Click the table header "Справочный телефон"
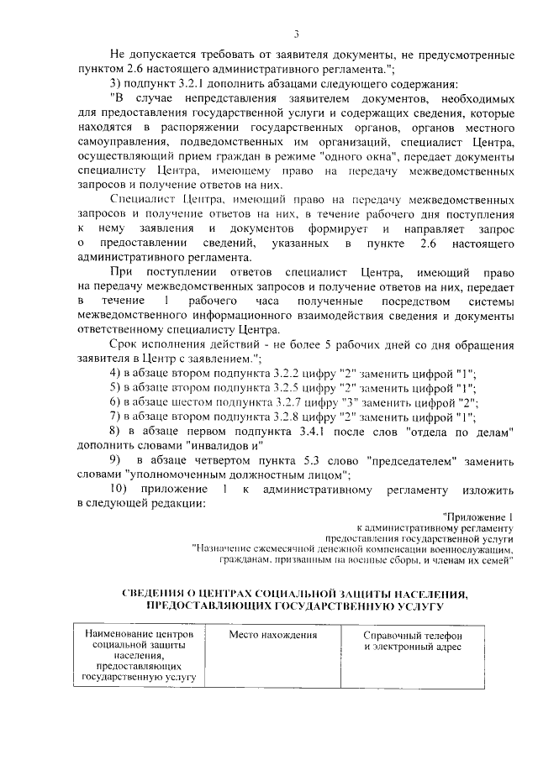(413, 635)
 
